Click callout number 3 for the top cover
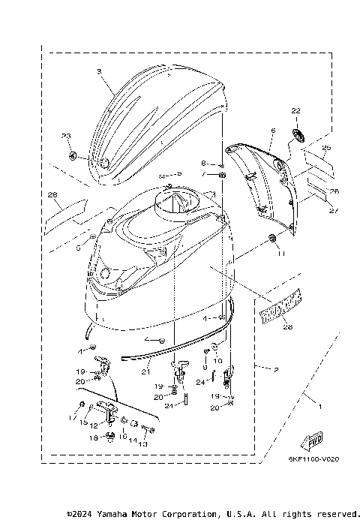(x=98, y=71)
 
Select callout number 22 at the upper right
(x=295, y=110)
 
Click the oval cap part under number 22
(x=296, y=134)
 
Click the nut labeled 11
(x=271, y=239)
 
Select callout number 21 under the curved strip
(x=147, y=370)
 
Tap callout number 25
(x=325, y=148)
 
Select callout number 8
(x=202, y=163)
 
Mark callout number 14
(x=133, y=440)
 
